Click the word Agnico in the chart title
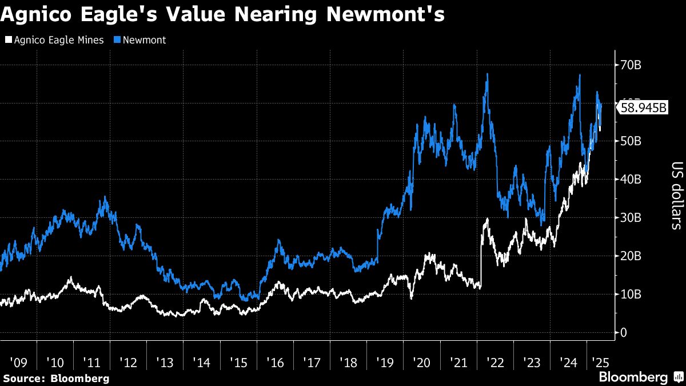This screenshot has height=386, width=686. click(x=35, y=15)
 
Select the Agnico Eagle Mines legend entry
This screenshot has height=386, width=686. click(x=55, y=40)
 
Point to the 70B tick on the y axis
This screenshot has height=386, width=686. click(x=631, y=65)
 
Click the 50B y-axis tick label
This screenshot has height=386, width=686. click(x=631, y=141)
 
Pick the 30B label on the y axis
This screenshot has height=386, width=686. click(x=631, y=218)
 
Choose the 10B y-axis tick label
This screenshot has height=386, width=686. click(x=631, y=295)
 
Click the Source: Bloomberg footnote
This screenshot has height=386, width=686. click(x=56, y=379)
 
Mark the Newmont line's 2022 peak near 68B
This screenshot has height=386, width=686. click(x=487, y=74)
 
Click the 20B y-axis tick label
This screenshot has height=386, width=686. click(x=631, y=256)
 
